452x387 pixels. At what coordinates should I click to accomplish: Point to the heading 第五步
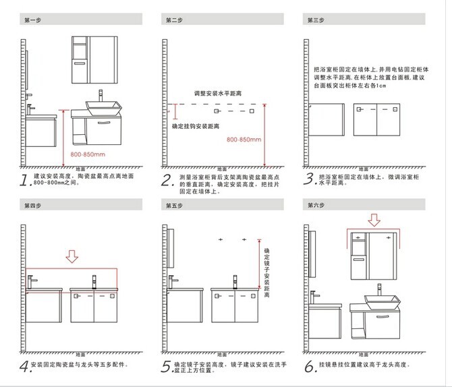tap(174, 204)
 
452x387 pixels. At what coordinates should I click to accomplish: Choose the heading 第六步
tap(315, 204)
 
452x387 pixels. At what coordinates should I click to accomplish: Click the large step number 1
tap(26, 179)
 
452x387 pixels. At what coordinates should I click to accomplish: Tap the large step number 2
tap(167, 179)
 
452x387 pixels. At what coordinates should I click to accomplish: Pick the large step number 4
tap(25, 367)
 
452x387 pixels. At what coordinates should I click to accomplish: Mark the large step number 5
tap(167, 367)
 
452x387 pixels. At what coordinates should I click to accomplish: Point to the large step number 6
tap(310, 367)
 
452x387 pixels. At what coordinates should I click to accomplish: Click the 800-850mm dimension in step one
tap(88, 154)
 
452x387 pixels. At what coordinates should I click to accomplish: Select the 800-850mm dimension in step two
tap(244, 140)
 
